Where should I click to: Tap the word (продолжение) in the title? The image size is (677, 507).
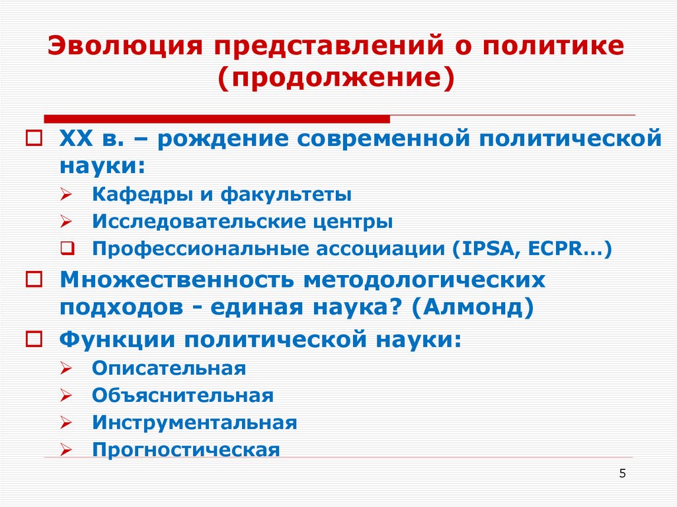(337, 78)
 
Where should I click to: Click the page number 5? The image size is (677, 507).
(623, 473)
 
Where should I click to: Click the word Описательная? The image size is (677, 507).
(169, 368)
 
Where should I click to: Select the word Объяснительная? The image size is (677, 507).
(182, 395)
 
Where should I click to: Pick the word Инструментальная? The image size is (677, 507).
(194, 422)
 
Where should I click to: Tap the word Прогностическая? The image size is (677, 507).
(186, 450)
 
